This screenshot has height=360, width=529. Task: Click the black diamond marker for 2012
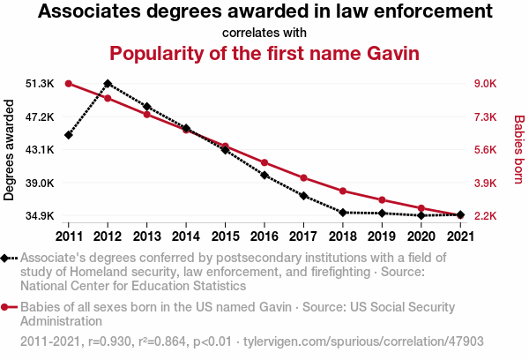click(108, 84)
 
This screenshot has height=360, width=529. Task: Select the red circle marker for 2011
click(68, 84)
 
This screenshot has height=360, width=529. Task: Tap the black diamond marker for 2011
click(68, 135)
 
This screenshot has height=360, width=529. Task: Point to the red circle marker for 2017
click(303, 178)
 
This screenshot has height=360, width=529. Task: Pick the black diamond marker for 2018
click(342, 213)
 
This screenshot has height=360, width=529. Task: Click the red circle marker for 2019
click(382, 200)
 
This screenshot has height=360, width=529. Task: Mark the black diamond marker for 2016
click(264, 176)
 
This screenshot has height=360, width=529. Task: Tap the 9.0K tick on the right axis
click(486, 84)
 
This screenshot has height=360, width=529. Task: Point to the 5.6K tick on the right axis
click(486, 150)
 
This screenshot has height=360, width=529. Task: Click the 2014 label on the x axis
click(186, 236)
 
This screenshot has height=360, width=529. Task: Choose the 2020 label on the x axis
click(421, 236)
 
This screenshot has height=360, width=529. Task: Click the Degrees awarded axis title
click(10, 150)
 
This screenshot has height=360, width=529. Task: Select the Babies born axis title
click(519, 150)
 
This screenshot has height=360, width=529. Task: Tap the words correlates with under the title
click(264, 33)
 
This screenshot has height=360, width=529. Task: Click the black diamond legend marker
click(7, 258)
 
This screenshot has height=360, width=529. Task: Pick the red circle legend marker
click(7, 307)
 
